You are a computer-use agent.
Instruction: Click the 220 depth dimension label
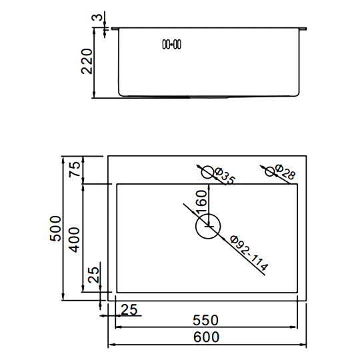coord(87,61)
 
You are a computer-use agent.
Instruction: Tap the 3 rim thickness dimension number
coord(97,17)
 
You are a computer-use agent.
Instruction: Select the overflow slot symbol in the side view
coord(172,44)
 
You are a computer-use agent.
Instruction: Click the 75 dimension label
coord(75,169)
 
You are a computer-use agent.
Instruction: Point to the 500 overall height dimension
coord(55,228)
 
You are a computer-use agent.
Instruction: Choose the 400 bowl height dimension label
coord(75,240)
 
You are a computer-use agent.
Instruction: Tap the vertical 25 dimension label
coord(94,275)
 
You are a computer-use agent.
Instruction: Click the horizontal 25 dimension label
coord(129,309)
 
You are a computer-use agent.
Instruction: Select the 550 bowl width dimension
coord(205,320)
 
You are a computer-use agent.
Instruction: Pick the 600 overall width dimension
coord(206,337)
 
